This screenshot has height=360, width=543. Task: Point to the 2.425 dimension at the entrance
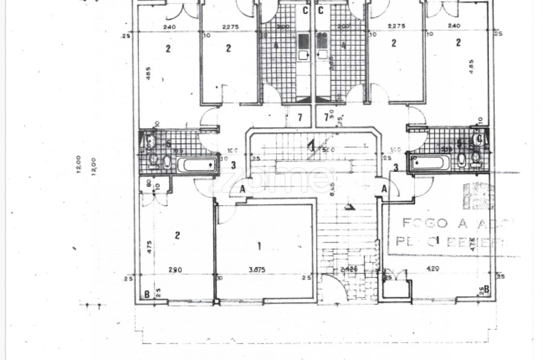click(x=349, y=269)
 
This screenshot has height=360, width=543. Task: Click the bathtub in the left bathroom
click(x=196, y=165)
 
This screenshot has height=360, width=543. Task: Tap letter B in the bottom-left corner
click(x=147, y=294)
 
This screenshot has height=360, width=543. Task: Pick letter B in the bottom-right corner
click(x=486, y=289)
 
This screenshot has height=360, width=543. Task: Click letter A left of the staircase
click(x=242, y=189)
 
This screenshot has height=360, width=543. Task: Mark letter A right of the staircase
click(x=383, y=189)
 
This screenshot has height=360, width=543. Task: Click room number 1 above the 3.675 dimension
click(x=259, y=245)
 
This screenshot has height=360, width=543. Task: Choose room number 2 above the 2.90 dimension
click(x=177, y=235)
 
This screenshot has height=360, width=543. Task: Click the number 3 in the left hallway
click(x=233, y=165)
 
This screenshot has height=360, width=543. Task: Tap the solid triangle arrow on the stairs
click(x=349, y=207)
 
